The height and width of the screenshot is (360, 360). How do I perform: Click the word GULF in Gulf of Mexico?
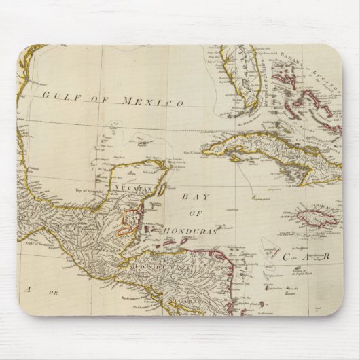pyautogui.click(x=57, y=96)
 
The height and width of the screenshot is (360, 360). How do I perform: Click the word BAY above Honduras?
pyautogui.click(x=193, y=196)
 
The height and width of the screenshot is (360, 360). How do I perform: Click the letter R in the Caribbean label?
pyautogui.click(x=326, y=256)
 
